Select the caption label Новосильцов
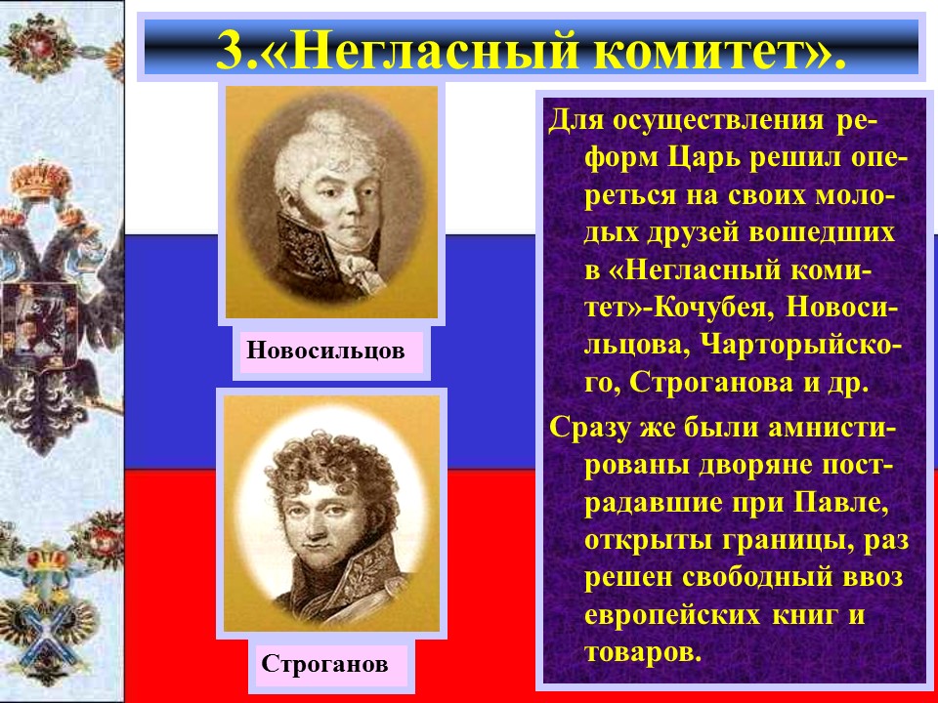(x=325, y=352)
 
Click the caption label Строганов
(x=324, y=665)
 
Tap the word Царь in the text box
(x=669, y=158)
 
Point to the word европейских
(x=670, y=616)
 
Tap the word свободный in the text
(x=756, y=580)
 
